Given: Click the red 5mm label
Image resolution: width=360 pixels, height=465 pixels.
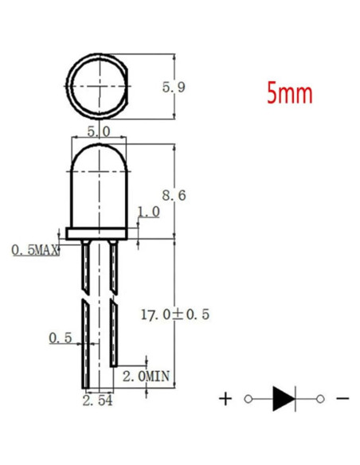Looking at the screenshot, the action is [x=290, y=93].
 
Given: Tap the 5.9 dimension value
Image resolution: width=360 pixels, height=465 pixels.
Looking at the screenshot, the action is [x=174, y=88].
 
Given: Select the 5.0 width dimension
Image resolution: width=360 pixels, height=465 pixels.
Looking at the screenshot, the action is [x=99, y=131].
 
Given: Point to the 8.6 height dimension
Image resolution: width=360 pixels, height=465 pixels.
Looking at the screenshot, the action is [x=174, y=195].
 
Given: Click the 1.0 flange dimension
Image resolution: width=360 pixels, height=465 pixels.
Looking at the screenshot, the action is [x=149, y=212].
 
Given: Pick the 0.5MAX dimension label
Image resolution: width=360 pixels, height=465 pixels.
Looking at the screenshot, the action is [x=35, y=251].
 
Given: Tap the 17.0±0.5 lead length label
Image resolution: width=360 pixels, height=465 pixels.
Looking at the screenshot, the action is [x=175, y=315].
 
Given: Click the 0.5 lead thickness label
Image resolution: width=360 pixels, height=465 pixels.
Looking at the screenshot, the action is [x=61, y=338].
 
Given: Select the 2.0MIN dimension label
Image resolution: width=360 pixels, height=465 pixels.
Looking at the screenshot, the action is [x=147, y=377].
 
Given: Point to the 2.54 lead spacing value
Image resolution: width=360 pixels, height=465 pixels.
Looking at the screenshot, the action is [x=97, y=401].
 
